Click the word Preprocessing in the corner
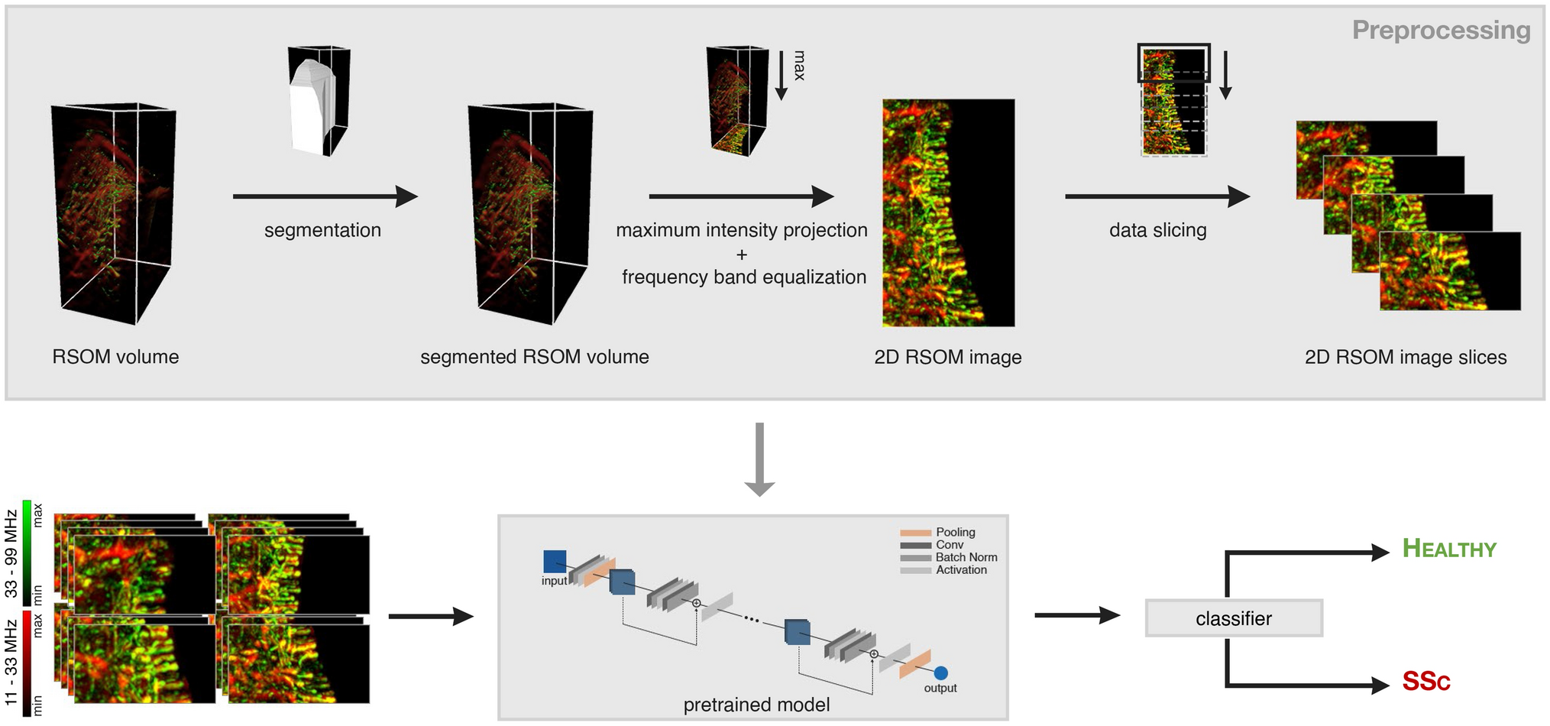1440,31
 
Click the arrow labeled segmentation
325,196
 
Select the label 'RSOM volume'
115,357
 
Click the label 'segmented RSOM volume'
534,357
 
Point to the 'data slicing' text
1157,230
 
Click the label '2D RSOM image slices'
1405,357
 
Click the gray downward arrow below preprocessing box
759,459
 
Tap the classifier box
1233,618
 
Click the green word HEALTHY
1448,549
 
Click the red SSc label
1425,681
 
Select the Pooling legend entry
955,532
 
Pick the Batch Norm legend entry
966,557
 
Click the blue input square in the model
555,562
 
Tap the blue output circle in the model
940,673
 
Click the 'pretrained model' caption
756,705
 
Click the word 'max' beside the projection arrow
799,66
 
